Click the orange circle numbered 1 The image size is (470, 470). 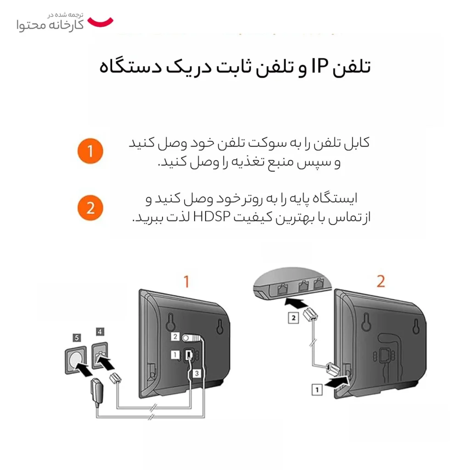pyautogui.click(x=90, y=151)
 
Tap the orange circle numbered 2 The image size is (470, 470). pyautogui.click(x=90, y=208)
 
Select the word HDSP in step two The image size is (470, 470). pyautogui.click(x=212, y=217)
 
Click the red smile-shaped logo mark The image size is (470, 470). pyautogui.click(x=101, y=22)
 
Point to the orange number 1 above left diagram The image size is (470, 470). pyautogui.click(x=186, y=281)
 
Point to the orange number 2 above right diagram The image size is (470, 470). pyautogui.click(x=380, y=281)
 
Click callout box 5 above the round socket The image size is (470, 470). pyautogui.click(x=77, y=338)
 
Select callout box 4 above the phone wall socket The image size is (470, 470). pyautogui.click(x=100, y=331)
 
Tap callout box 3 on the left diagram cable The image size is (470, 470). pyautogui.click(x=196, y=373)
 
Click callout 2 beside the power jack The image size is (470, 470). pyautogui.click(x=175, y=336)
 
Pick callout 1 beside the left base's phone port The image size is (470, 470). pyautogui.click(x=175, y=355)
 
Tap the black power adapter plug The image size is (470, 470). pyautogui.click(x=97, y=391)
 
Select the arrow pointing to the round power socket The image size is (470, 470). pyautogui.click(x=84, y=369)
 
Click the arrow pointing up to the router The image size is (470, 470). pyautogui.click(x=296, y=303)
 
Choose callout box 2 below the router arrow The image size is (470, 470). pyautogui.click(x=293, y=318)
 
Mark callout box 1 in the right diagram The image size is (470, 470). pyautogui.click(x=317, y=390)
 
